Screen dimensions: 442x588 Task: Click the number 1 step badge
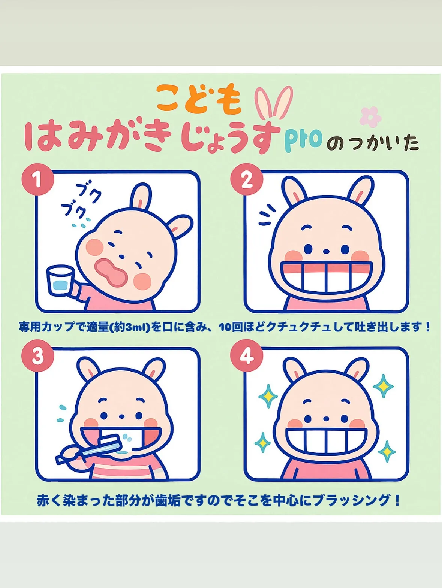click(x=37, y=179)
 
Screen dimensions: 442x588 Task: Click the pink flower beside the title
click(x=370, y=117)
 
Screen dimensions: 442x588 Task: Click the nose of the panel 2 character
click(x=326, y=252)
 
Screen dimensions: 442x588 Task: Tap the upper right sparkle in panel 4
click(x=384, y=386)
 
